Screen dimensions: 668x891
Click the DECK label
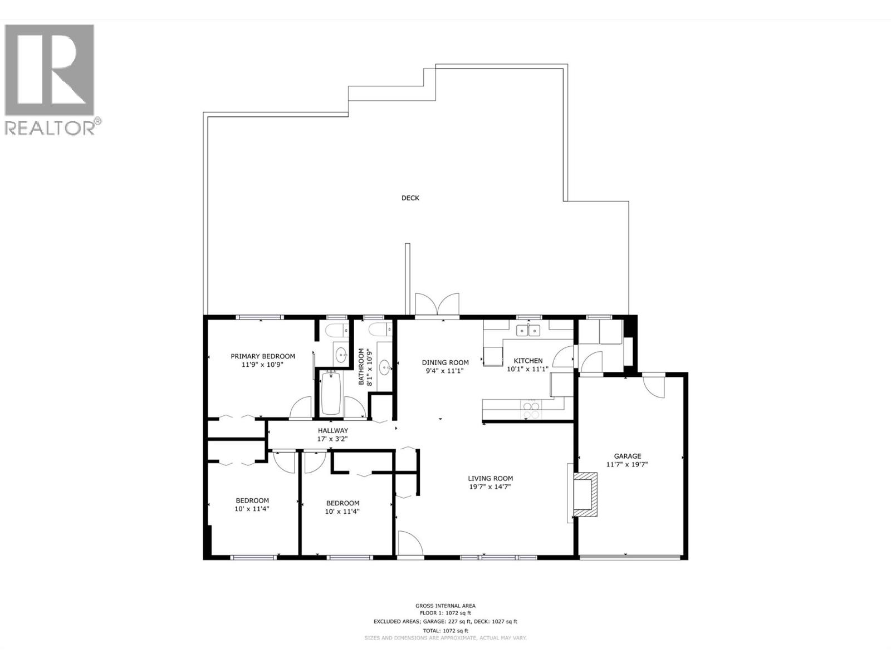click(410, 198)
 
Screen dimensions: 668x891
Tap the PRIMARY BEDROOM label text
click(263, 356)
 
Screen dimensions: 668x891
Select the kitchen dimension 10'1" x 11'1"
click(527, 369)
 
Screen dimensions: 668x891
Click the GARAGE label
click(627, 456)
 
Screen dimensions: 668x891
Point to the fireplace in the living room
click(585, 494)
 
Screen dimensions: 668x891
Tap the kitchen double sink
click(528, 331)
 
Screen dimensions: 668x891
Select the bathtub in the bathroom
click(331, 393)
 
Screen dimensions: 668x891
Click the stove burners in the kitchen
click(530, 410)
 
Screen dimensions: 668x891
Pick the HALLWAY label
click(333, 430)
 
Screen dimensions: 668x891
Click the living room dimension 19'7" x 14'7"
click(490, 487)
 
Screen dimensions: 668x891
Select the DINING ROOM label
click(445, 362)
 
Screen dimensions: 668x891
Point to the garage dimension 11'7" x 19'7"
click(627, 464)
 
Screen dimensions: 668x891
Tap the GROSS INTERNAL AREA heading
click(445, 606)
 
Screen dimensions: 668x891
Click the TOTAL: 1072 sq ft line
click(445, 631)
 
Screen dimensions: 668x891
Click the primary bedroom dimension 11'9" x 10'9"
click(263, 365)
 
